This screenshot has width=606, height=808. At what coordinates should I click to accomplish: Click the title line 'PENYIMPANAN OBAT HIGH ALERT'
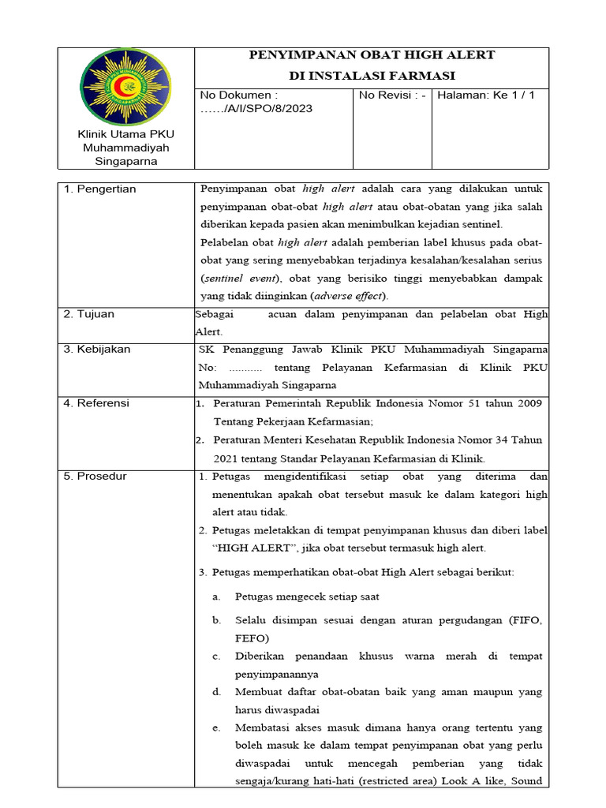[x=372, y=55]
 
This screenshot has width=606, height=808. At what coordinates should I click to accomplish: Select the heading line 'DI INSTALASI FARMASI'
[x=372, y=76]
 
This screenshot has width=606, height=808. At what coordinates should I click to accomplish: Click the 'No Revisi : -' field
[x=392, y=95]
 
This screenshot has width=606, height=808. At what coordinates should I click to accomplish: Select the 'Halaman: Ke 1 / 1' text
[x=486, y=95]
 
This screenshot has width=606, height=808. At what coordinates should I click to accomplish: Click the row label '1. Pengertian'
[x=99, y=189]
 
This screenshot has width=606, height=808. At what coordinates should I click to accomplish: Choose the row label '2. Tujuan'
[x=88, y=314]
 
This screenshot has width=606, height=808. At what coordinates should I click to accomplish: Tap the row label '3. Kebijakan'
[x=97, y=349]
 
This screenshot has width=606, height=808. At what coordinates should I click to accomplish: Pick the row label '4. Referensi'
[x=96, y=403]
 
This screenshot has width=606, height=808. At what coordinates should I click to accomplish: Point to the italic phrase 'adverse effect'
[x=350, y=296]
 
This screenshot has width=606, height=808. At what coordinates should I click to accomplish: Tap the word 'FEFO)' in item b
[x=252, y=638]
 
